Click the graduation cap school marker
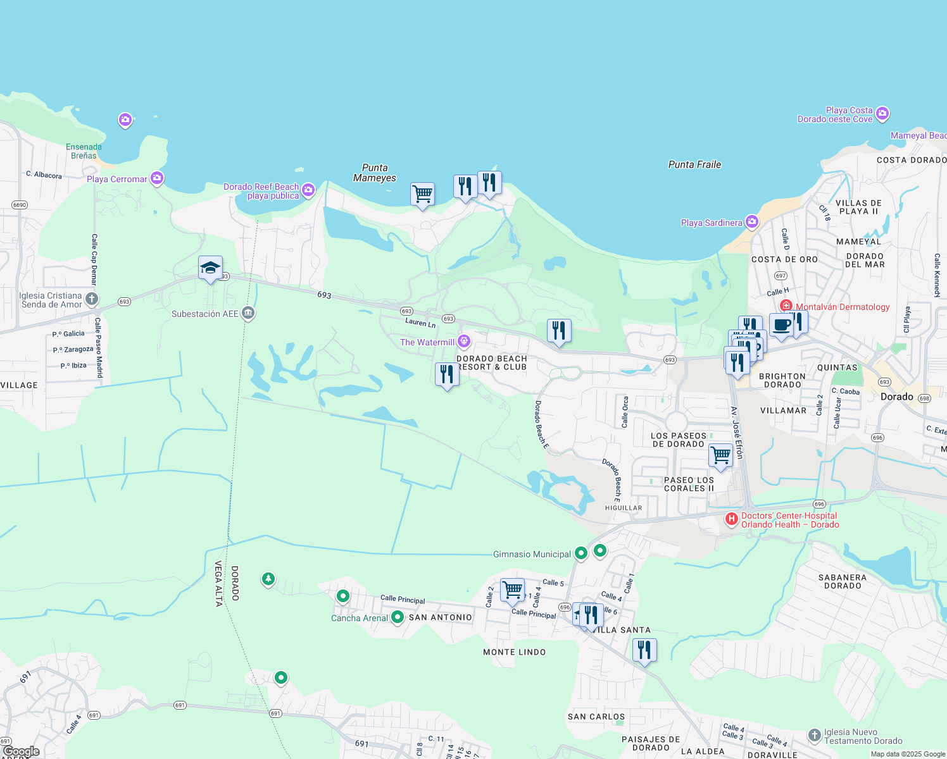click(x=210, y=268)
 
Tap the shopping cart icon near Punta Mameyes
click(x=422, y=194)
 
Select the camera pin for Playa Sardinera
click(x=751, y=221)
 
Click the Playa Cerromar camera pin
click(x=157, y=178)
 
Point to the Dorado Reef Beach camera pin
click(x=308, y=189)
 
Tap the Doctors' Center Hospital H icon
click(x=732, y=519)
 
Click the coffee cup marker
click(x=781, y=325)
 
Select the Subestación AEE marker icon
click(x=248, y=313)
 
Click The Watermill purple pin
click(x=464, y=342)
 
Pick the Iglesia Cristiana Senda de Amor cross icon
click(x=92, y=299)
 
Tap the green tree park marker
click(x=268, y=579)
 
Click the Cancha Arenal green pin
click(x=397, y=617)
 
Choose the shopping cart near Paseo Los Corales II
click(x=720, y=455)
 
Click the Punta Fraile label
click(x=694, y=164)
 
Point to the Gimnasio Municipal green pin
click(x=580, y=553)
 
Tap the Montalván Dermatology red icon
click(x=786, y=306)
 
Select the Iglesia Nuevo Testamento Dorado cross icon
click(x=815, y=735)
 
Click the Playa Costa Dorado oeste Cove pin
click(x=882, y=114)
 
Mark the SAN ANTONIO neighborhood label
click(x=440, y=617)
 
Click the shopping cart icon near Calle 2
click(x=512, y=590)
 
